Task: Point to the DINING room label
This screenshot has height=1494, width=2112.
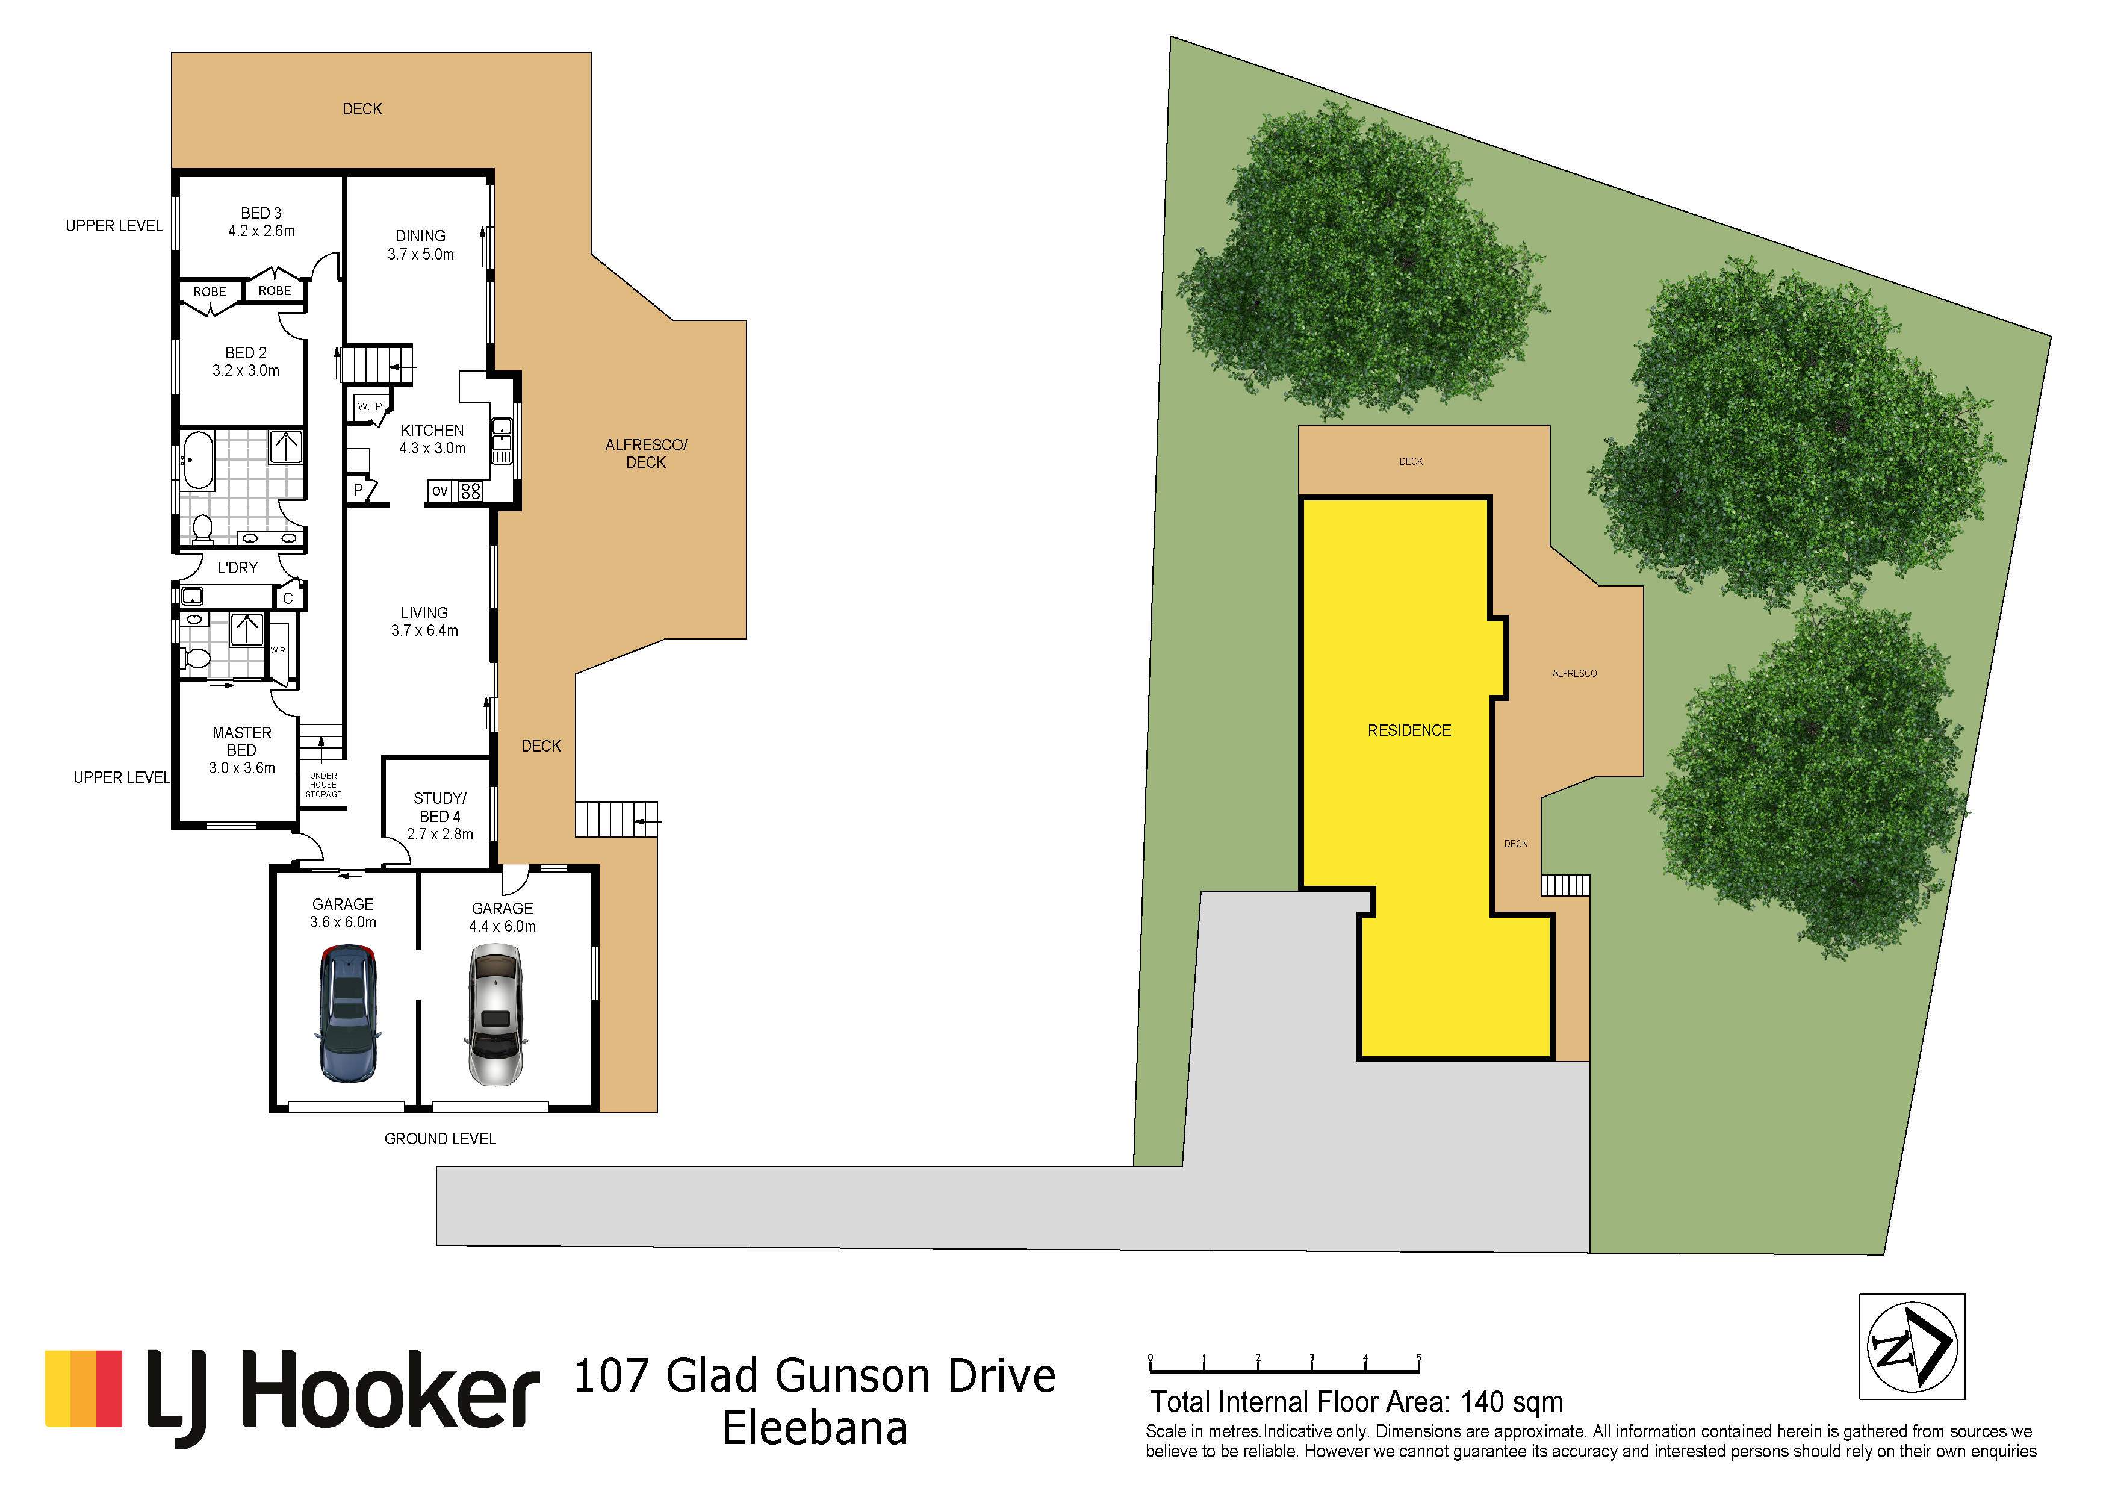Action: click(420, 237)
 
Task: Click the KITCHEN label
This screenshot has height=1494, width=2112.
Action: click(432, 431)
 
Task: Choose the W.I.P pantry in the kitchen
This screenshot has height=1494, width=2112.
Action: click(370, 406)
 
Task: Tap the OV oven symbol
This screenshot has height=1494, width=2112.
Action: click(439, 491)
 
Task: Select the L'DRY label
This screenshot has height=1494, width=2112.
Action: click(237, 568)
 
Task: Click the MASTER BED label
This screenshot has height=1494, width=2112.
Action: click(242, 741)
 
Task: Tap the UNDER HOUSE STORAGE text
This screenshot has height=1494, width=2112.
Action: click(324, 785)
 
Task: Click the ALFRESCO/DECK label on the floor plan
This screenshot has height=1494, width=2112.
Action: click(646, 453)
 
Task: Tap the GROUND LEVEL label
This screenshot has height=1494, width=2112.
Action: click(439, 1139)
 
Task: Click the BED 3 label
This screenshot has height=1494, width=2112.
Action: click(261, 213)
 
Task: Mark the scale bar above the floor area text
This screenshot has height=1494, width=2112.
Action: click(1285, 1365)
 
